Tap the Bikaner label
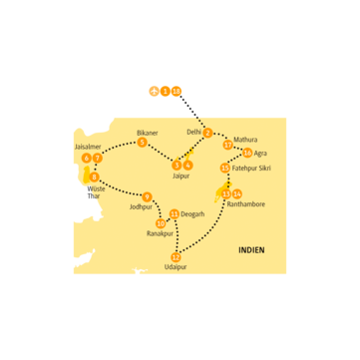click(x=147, y=133)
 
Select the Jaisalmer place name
click(x=88, y=147)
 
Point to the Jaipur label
click(x=180, y=176)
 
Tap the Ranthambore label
click(x=245, y=203)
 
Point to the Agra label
click(x=260, y=154)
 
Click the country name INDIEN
click(x=251, y=250)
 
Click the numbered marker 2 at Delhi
click(x=207, y=134)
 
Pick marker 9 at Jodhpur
click(x=147, y=195)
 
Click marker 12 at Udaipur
click(x=176, y=257)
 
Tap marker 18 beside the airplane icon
click(x=177, y=91)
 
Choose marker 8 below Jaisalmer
click(x=95, y=177)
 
